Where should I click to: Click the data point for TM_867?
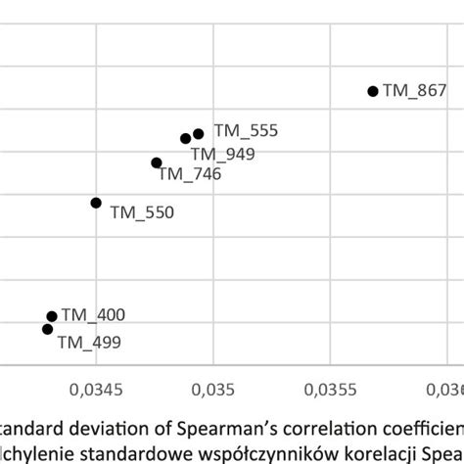pyautogui.click(x=373, y=91)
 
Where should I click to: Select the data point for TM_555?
pyautogui.click(x=199, y=133)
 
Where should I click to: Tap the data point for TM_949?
pyautogui.click(x=185, y=139)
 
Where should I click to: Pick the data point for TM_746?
pyautogui.click(x=157, y=162)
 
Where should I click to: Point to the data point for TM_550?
pyautogui.click(x=96, y=203)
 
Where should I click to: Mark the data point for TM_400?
pyautogui.click(x=52, y=316)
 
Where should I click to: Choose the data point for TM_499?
pyautogui.click(x=47, y=329)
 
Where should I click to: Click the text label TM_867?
pyautogui.click(x=414, y=91)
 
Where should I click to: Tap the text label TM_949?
pyautogui.click(x=222, y=154)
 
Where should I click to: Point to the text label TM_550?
pyautogui.click(x=142, y=210)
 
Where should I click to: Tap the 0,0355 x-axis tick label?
pyautogui.click(x=331, y=390)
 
